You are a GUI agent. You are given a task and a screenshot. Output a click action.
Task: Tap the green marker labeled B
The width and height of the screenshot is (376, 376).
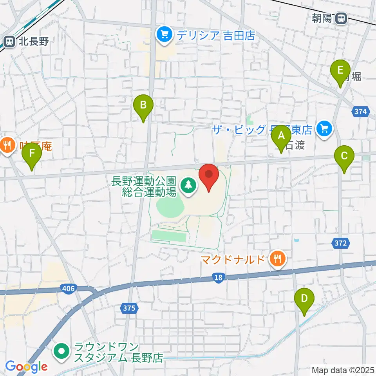(143, 105)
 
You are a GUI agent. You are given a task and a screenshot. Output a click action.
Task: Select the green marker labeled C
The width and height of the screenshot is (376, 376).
(344, 156)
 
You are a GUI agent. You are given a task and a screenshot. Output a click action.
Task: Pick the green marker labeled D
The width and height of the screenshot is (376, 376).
(304, 298)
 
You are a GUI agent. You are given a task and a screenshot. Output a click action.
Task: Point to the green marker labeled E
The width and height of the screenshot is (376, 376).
(340, 71)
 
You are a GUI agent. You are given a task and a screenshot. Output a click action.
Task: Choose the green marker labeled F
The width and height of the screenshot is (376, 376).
(31, 154)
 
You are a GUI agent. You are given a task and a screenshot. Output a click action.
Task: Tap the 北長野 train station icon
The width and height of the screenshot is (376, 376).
(8, 41)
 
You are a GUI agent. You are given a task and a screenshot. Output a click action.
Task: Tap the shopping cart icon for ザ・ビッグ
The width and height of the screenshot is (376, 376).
(324, 128)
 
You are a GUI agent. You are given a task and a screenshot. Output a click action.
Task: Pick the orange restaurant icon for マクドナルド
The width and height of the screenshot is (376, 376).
(277, 259)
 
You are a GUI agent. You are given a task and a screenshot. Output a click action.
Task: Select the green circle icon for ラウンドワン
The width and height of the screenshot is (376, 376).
(62, 351)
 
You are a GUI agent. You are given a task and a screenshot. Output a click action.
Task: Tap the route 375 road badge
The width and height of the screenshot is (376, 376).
(128, 308)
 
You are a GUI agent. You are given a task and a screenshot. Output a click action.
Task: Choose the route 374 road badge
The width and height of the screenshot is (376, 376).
(360, 112)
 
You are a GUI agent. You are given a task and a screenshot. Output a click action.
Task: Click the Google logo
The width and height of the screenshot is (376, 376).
(26, 367)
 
